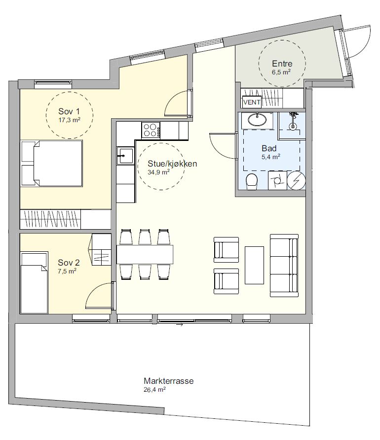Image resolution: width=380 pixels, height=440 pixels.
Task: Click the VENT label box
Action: click(x=252, y=102)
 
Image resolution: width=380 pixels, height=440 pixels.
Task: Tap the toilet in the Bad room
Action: click(x=252, y=181)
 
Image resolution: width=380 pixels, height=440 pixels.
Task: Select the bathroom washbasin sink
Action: click(x=257, y=120)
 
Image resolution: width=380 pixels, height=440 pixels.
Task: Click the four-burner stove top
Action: click(x=151, y=130)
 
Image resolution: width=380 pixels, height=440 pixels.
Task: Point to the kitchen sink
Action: click(x=125, y=156)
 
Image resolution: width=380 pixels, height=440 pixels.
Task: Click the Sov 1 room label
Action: click(x=69, y=111)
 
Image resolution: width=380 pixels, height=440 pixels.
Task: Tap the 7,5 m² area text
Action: click(x=67, y=271)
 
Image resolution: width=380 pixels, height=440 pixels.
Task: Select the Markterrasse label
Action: click(x=169, y=381)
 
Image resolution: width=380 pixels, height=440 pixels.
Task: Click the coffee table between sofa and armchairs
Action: click(x=254, y=265)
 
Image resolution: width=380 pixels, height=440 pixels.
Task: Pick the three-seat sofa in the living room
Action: click(x=284, y=266)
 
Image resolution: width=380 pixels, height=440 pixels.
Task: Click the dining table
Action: click(x=145, y=254)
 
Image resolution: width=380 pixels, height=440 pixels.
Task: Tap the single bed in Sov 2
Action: click(x=34, y=283)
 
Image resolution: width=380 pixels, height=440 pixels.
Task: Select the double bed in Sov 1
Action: click(x=52, y=163)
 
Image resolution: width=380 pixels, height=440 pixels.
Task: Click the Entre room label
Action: click(x=282, y=64)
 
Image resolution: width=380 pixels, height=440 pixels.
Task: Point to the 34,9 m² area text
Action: click(x=158, y=172)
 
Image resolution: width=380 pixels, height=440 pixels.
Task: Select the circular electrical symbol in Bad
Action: click(x=296, y=180)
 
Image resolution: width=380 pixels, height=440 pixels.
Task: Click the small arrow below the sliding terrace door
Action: click(x=180, y=325)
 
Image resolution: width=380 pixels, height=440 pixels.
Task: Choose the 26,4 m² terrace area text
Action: click(x=154, y=389)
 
